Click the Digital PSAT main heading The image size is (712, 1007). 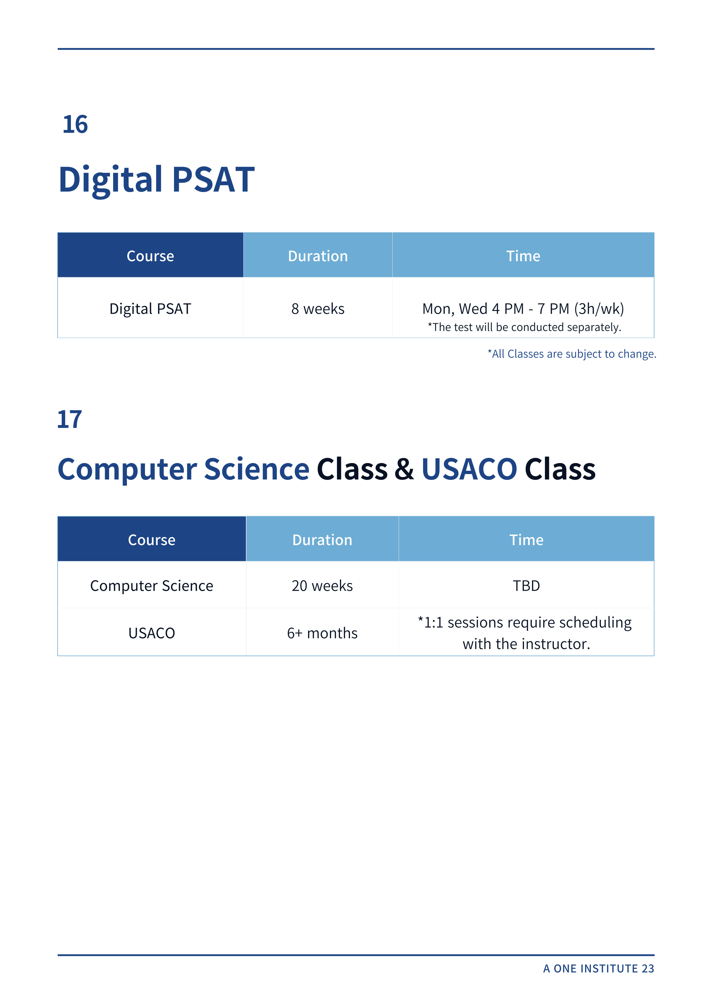point(157,180)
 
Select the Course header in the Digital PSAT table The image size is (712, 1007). point(150,256)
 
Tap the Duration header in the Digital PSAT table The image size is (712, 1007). point(318,256)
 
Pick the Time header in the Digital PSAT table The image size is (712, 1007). point(523,256)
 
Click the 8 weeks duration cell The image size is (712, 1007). point(318,309)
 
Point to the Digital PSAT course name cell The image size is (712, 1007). point(150,309)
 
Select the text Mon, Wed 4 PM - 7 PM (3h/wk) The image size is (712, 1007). point(523,309)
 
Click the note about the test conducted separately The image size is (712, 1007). point(524,327)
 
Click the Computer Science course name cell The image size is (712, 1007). point(152,586)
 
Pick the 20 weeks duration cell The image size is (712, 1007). point(322,586)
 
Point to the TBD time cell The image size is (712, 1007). point(526,586)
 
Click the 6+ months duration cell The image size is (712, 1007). point(322,633)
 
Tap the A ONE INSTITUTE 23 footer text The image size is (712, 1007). point(598,969)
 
